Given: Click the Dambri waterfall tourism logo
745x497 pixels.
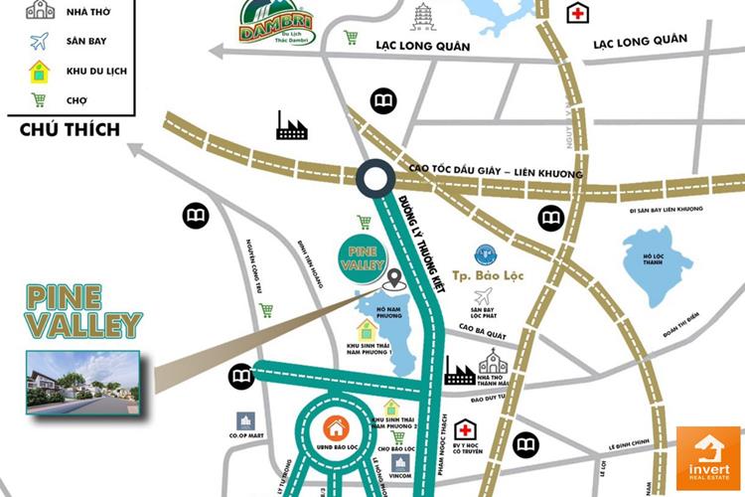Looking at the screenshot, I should [x=270, y=24].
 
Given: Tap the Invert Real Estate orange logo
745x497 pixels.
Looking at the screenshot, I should [x=707, y=457].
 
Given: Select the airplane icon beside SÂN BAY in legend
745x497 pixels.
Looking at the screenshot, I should [x=40, y=42].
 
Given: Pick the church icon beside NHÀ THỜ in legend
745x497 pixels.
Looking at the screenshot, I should [x=40, y=11].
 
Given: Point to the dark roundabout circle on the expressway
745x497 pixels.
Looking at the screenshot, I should [x=375, y=180].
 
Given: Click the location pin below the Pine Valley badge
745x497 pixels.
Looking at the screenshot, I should [x=395, y=280].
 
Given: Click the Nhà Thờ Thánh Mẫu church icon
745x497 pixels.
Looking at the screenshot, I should [x=493, y=363].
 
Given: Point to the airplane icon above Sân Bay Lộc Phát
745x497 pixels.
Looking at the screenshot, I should [x=484, y=296].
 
